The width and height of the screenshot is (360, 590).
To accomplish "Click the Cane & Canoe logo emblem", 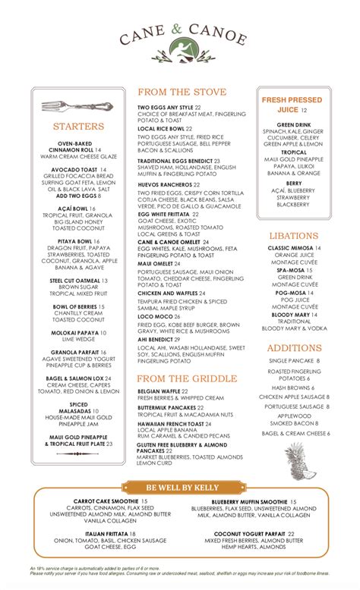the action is click(x=180, y=52).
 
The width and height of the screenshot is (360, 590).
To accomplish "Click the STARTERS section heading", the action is click(x=78, y=127).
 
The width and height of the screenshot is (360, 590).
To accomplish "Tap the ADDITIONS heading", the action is click(x=294, y=347).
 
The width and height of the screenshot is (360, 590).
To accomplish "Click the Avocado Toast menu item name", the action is click(x=74, y=169).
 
